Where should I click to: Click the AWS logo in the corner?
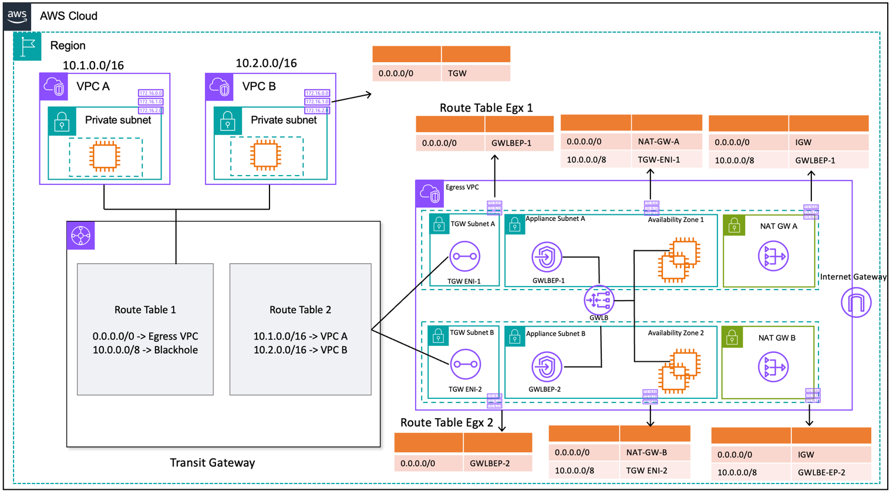17,16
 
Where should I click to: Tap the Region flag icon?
27,46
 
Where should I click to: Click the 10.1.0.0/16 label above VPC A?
93,65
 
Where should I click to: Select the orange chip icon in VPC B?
265,156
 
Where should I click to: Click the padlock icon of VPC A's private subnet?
62,122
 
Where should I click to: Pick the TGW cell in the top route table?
475,73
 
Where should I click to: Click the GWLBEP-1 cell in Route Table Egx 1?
518,143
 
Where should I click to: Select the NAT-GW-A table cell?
666,142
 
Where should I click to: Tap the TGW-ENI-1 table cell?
666,159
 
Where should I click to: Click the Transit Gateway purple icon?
80,236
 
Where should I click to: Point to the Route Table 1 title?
145,310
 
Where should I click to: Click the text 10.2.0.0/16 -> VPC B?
300,350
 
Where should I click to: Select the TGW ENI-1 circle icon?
464,256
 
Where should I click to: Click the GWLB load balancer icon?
598,300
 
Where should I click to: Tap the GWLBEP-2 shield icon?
546,367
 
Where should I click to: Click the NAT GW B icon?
773,367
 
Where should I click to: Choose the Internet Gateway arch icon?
855,303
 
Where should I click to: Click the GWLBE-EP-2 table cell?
830,472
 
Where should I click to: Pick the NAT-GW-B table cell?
654,452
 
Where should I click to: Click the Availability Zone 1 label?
675,220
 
